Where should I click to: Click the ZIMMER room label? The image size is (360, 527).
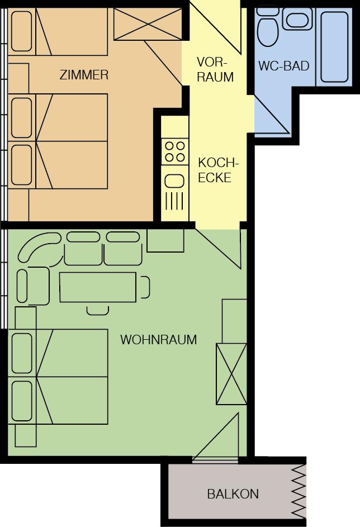[x=84, y=75]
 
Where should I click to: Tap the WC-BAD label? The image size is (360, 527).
[x=284, y=65]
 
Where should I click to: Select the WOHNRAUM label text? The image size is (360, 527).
[x=158, y=339]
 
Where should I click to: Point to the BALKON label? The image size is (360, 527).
[x=233, y=493]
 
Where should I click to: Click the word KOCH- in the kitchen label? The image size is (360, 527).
[x=218, y=163]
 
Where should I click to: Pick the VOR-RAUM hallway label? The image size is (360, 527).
[x=215, y=69]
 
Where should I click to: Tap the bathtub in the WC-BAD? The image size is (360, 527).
[x=334, y=47]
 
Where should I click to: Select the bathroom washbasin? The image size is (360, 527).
[x=297, y=19]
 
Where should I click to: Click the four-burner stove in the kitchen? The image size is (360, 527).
[x=175, y=151]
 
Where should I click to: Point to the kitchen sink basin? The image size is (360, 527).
[x=174, y=182]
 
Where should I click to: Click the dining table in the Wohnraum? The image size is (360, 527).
[x=98, y=287]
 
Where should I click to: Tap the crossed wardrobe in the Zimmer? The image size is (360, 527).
[x=148, y=24]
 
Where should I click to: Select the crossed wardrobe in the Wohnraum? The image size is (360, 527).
[x=231, y=374]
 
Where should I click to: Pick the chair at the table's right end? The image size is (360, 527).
[x=145, y=287]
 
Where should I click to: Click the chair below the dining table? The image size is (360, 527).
[x=97, y=311]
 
